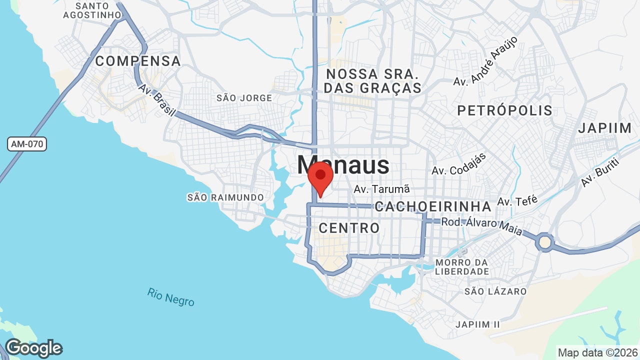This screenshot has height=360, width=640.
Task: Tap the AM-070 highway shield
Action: pyautogui.click(x=27, y=144)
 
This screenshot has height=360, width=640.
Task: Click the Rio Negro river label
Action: pyautogui.click(x=171, y=297)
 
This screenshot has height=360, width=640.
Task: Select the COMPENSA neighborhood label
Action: pyautogui.click(x=138, y=61)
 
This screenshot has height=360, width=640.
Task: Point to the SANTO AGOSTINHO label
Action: pyautogui.click(x=92, y=10)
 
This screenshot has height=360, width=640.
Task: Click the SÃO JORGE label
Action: pyautogui.click(x=244, y=98)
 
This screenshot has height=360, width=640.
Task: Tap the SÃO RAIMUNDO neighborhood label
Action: pyautogui.click(x=225, y=197)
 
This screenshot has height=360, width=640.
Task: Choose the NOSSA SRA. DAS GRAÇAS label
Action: pyautogui.click(x=373, y=81)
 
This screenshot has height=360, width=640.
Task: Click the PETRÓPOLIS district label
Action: pyautogui.click(x=505, y=110)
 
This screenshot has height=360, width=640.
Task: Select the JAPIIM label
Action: pyautogui.click(x=605, y=128)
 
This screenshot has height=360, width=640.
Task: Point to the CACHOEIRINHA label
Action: pyautogui.click(x=433, y=206)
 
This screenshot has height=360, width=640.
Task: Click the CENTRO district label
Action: pyautogui.click(x=349, y=228)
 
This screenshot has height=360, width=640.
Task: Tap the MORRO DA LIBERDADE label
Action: pyautogui.click(x=462, y=267)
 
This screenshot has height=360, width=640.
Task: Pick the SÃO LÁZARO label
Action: pyautogui.click(x=495, y=291)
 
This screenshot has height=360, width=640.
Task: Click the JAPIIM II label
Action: pyautogui.click(x=477, y=324)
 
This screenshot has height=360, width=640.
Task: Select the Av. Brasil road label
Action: pyautogui.click(x=157, y=100)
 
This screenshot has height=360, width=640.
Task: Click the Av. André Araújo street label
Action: pyautogui.click(x=485, y=61)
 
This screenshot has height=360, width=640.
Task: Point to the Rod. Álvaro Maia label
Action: pyautogui.click(x=481, y=226)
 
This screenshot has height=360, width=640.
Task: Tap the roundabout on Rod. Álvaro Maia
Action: pyautogui.click(x=544, y=242)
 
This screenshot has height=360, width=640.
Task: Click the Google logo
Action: pyautogui.click(x=34, y=348)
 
